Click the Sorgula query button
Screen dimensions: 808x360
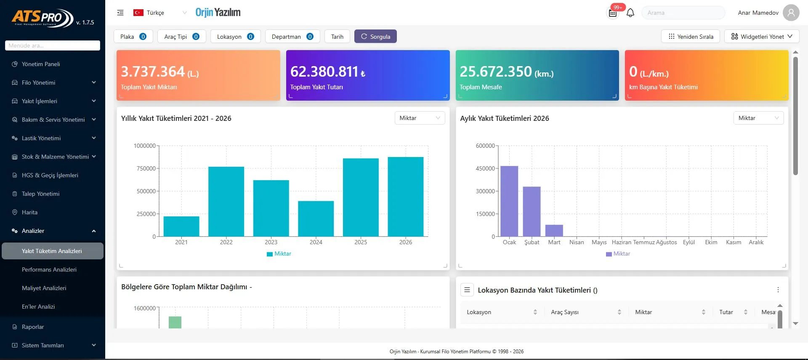tap(375, 36)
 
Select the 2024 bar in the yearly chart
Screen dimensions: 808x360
tap(316, 219)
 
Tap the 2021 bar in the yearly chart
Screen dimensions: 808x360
tap(181, 227)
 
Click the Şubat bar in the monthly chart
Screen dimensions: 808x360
tap(532, 211)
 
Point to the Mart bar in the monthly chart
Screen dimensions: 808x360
tap(554, 231)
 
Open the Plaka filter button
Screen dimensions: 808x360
tap(133, 36)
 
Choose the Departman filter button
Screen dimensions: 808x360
tap(292, 36)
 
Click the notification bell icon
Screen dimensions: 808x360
tap(630, 13)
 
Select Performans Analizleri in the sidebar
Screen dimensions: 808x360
tap(49, 269)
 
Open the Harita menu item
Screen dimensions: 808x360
tap(29, 212)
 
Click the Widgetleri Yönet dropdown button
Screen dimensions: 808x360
tap(762, 36)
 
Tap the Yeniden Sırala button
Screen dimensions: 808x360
tap(691, 36)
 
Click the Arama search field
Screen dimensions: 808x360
tap(683, 13)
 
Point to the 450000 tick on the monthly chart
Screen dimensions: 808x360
tap(485, 168)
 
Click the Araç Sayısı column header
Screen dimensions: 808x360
tap(565, 312)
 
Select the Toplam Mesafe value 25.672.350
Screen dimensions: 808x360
tap(496, 72)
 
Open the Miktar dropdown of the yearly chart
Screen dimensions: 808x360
tap(420, 118)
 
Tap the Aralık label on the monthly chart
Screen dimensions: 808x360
tap(756, 242)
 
